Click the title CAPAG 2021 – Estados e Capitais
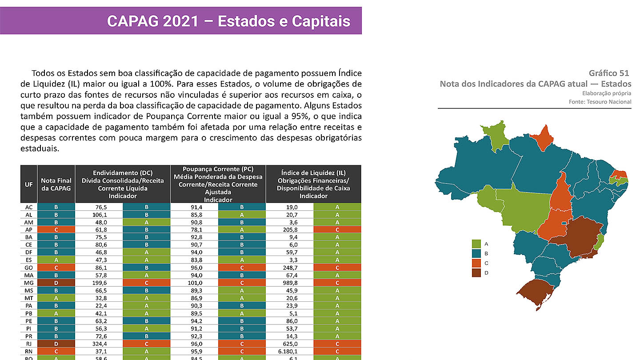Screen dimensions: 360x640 pos(228,21)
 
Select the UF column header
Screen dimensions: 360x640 pos(29,184)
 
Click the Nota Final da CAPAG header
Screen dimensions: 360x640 pos(56,184)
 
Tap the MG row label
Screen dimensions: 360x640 pos(29,283)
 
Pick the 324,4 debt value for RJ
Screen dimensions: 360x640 pos(99,343)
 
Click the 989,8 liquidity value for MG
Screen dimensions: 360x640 pos(289,283)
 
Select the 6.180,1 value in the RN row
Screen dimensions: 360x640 pos(289,351)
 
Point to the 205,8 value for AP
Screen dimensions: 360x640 pos(289,229)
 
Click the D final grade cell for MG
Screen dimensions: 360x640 pos(56,283)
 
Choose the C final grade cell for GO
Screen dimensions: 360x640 pos(56,268)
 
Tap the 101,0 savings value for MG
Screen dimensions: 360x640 pos(194,283)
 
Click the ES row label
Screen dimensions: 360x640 pos(29,260)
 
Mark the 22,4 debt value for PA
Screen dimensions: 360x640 pos(99,305)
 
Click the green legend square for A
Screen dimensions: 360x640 pos(476,244)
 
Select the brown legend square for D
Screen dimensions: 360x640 pos(476,272)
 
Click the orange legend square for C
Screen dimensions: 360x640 pos(476,263)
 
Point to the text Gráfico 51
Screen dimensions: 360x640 pos(609,73)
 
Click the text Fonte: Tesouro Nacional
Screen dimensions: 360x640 pos(600,102)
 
